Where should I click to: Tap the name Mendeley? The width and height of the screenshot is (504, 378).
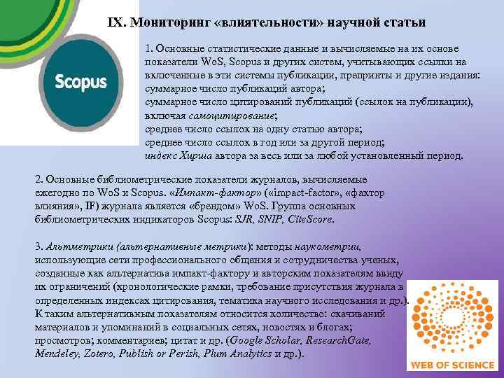pos(56,354)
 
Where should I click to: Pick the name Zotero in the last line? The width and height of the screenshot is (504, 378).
pos(102,354)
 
